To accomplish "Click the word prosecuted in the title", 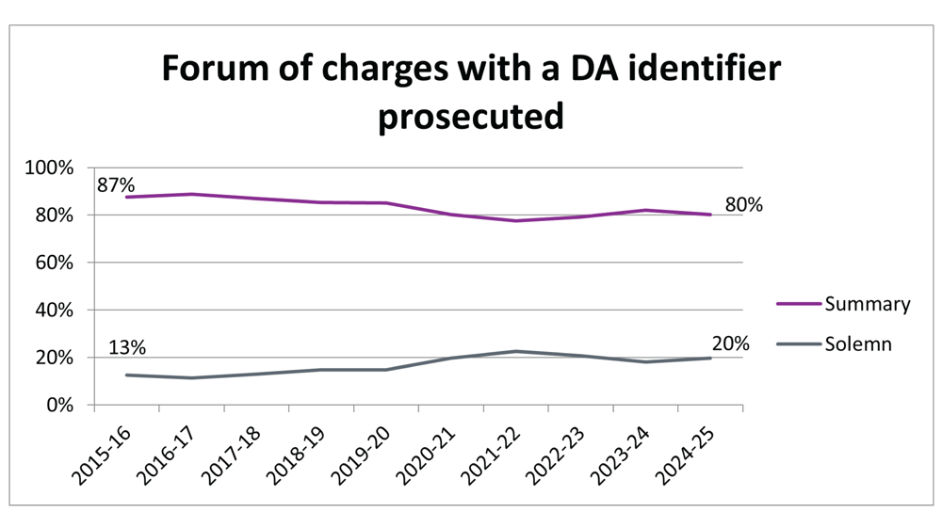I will pos(471,118).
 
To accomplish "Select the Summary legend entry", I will pos(868,304).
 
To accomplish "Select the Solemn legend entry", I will pos(857,344).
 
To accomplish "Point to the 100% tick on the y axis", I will pos(50,168).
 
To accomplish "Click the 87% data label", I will pos(115,183).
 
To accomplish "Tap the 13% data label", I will pos(127,347).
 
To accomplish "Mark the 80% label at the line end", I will pos(743,205).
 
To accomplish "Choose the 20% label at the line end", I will pos(731,344).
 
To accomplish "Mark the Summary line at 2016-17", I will pos(191,194).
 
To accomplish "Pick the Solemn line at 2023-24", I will pos(646,361).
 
